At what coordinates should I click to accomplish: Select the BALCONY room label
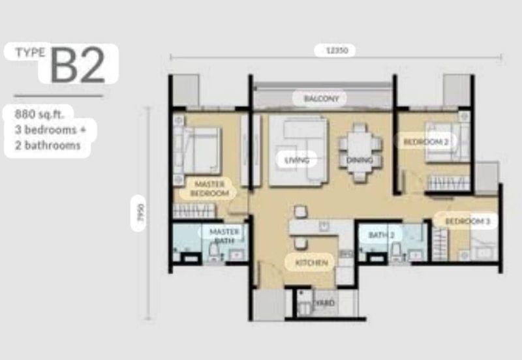[x=321, y=99]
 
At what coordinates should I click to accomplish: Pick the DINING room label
[x=360, y=160]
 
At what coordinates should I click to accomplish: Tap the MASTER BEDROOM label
[x=210, y=189]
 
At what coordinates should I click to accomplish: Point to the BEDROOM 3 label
[x=467, y=222]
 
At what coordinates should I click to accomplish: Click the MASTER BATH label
[x=224, y=236]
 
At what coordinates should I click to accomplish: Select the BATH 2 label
[x=382, y=235]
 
